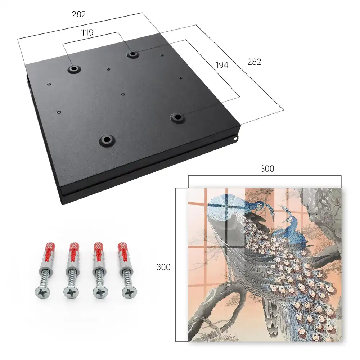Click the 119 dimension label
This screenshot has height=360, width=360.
[x=87, y=33]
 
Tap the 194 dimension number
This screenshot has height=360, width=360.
[x=222, y=65]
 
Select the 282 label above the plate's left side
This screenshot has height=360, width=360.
[x=79, y=14]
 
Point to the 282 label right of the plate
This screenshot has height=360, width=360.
[x=254, y=62]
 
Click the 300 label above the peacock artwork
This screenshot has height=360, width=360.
[x=267, y=169]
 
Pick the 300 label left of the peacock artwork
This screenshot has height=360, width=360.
[x=163, y=267]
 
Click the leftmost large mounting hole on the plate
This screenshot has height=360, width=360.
[x=74, y=69]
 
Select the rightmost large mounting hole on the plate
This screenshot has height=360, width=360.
[x=177, y=118]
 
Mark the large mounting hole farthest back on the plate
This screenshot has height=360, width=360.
[x=132, y=54]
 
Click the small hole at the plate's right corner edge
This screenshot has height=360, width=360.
[x=235, y=139]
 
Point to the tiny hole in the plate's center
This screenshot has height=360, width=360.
[x=123, y=94]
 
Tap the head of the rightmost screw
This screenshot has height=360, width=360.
[x=129, y=292]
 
